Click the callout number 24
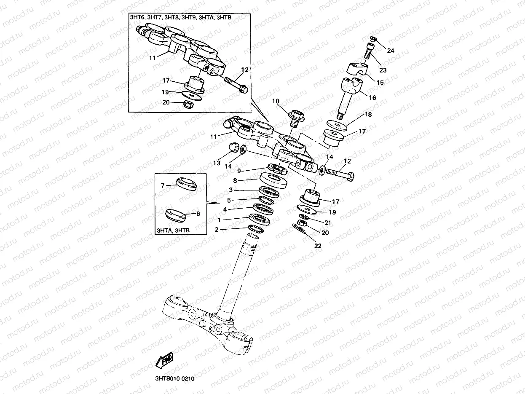coord(391,51)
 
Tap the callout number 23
coord(383,70)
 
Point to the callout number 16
coord(372,97)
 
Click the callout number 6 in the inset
coord(198,214)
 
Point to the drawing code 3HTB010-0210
coord(174,378)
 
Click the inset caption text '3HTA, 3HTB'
coord(173,231)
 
